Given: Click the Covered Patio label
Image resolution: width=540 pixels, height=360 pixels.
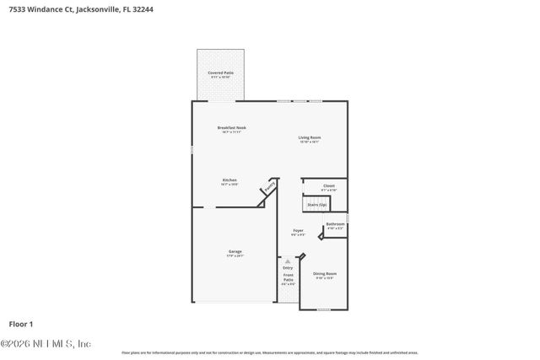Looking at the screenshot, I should click(221, 73).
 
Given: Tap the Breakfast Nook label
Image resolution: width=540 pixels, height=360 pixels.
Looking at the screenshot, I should click(232, 128).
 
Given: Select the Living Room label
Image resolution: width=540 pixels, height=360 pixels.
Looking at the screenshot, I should click(309, 137).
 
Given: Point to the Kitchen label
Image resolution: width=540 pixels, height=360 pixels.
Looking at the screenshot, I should click(229, 180).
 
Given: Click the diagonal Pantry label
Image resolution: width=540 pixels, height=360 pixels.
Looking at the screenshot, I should click(269, 187).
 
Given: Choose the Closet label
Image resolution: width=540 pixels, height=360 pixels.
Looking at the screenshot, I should click(328, 185).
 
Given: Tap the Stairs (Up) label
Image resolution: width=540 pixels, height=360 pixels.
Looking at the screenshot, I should click(316, 204).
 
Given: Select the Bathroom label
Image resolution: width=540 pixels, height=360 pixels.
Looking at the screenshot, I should click(335, 224).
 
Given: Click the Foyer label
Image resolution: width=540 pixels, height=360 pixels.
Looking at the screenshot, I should click(298, 230).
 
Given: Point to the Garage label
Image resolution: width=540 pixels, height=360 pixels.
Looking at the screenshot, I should click(235, 251).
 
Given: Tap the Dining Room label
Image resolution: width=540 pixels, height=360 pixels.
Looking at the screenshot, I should click(325, 274).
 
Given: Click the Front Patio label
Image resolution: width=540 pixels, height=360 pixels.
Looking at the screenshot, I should click(288, 276).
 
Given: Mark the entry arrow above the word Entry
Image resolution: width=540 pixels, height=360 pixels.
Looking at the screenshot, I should click(288, 261).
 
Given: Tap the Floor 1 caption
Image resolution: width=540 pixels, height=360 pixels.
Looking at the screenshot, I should click(21, 324).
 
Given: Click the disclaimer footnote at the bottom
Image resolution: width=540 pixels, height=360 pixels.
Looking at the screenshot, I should click(270, 352).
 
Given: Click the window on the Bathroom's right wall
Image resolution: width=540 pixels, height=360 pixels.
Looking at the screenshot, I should click(347, 218).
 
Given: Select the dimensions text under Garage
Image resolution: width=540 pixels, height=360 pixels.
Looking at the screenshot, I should click(235, 255).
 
